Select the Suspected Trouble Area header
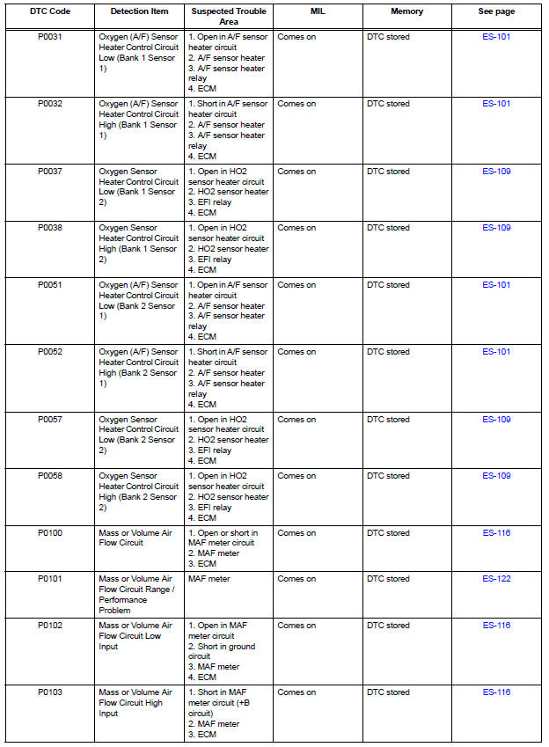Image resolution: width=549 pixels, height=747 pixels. click(229, 16)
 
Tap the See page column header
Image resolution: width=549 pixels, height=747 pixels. click(496, 11)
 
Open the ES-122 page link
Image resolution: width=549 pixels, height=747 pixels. click(496, 579)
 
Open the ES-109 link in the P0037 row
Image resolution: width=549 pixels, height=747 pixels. click(496, 172)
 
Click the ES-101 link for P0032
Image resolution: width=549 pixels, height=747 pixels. click(496, 104)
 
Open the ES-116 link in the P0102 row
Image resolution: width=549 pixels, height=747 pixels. click(496, 626)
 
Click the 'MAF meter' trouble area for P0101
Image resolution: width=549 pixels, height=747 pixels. click(208, 579)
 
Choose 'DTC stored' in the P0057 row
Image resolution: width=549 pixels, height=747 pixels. click(388, 420)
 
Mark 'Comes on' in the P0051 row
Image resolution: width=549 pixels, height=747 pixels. click(296, 285)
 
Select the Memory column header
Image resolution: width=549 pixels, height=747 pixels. click(406, 11)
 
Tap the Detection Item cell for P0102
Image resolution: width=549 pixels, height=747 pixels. click(135, 636)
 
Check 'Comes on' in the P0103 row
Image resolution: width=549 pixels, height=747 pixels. click(296, 692)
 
